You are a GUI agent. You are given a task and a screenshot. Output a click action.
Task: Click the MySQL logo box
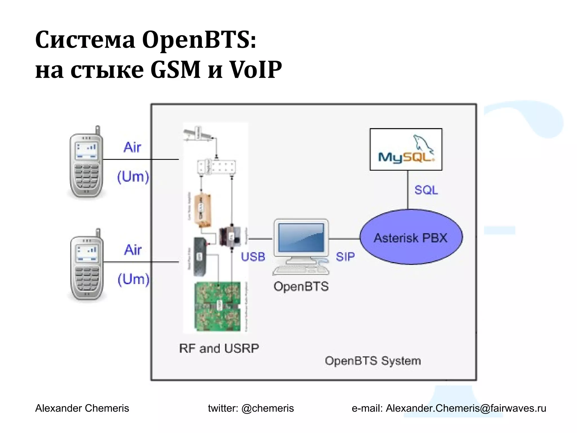pos(406,149)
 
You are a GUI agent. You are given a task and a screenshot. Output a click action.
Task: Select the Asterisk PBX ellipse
pos(411,237)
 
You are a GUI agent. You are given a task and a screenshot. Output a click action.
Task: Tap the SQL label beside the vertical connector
pos(426,190)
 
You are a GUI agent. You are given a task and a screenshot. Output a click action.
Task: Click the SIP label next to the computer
pos(345,257)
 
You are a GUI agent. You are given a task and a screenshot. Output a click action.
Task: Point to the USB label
pos(253,257)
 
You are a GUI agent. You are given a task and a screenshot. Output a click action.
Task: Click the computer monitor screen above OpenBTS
pos(301,237)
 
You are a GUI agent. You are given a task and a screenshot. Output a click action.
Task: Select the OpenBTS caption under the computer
pos(301,286)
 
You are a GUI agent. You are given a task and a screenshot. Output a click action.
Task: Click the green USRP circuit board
pos(218,306)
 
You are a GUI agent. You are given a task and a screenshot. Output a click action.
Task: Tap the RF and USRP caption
pos(219,348)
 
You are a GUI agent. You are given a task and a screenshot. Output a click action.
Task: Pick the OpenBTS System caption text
pos(372,361)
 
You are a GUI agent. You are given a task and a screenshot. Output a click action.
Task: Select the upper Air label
pos(132,147)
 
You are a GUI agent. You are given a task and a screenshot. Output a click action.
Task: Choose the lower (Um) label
pos(133,279)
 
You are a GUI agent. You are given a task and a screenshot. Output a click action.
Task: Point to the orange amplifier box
pos(203,210)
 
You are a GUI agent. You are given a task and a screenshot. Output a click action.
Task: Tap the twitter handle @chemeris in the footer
pos(267,408)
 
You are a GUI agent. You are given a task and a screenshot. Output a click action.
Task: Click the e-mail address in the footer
pos(466,408)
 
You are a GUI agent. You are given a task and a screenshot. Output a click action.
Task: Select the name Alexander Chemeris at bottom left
pos(82,408)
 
